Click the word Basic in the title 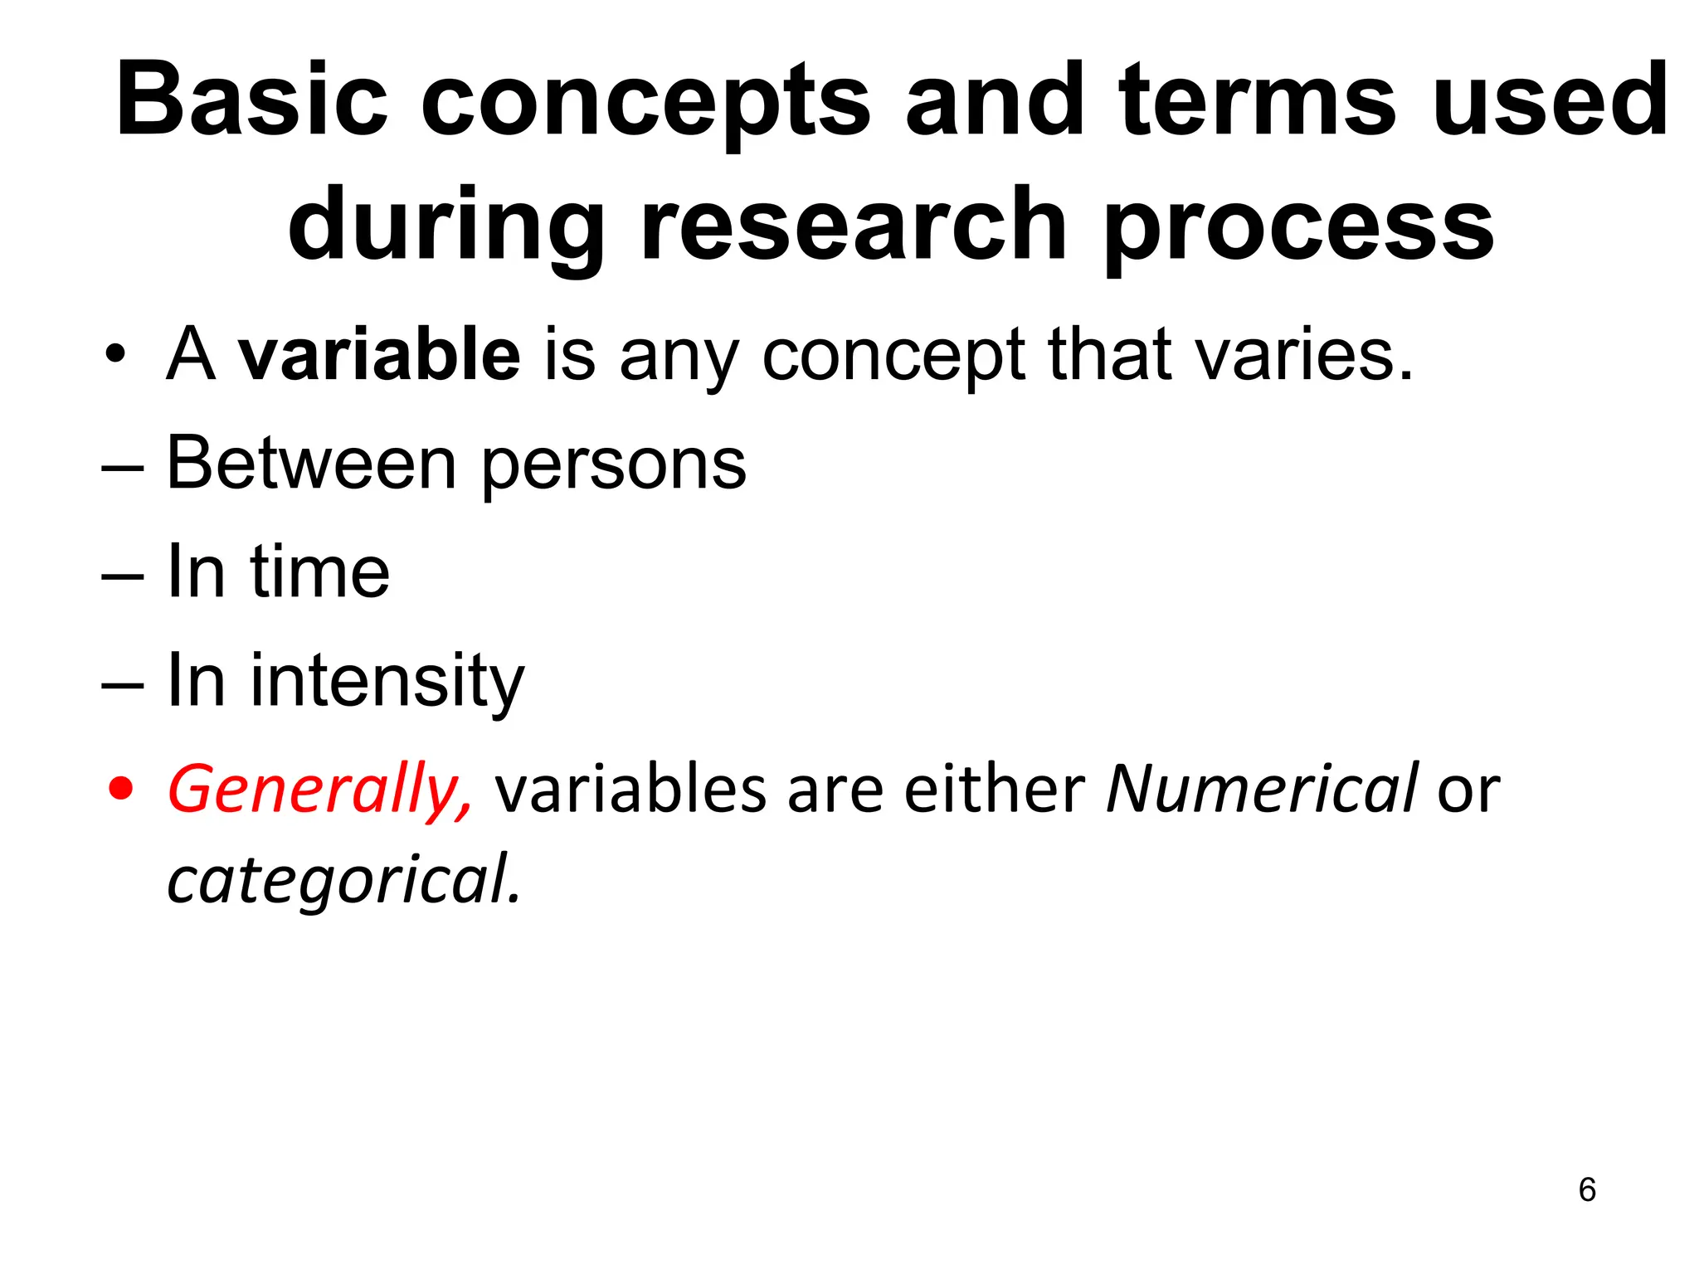click(251, 101)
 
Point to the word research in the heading click(853, 226)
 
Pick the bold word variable click(379, 354)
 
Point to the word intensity click(387, 682)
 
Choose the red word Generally click(320, 790)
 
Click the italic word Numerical click(1261, 789)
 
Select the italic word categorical click(343, 880)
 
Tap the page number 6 click(1587, 1189)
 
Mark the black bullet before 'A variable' click(116, 356)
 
